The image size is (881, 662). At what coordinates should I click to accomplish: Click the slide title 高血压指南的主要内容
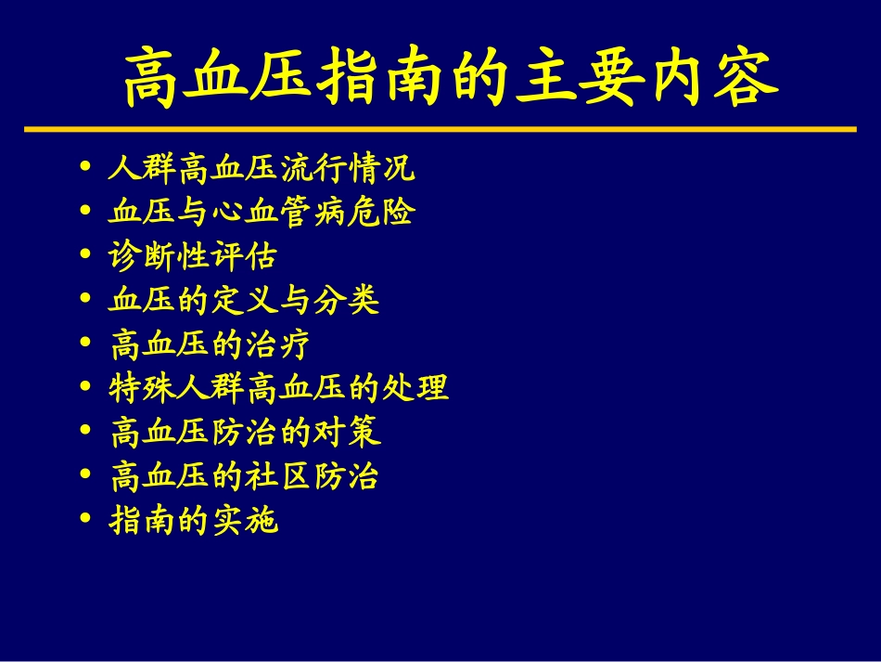(451, 78)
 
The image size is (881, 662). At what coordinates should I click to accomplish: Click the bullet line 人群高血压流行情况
(262, 170)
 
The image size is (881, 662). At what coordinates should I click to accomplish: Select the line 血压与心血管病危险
(262, 213)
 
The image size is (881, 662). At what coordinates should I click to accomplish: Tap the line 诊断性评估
(192, 256)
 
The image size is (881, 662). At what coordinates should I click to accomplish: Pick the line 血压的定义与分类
(244, 300)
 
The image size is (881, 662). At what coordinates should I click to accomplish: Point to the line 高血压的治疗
(210, 344)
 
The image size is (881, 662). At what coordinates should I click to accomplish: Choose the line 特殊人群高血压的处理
(279, 388)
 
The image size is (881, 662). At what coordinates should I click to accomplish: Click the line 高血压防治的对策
(245, 433)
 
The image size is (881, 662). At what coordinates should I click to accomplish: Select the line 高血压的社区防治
(245, 477)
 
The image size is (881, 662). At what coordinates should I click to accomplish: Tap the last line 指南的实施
(193, 521)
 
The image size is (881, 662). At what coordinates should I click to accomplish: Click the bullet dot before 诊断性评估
(86, 256)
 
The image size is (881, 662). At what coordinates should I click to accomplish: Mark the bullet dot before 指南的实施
(86, 521)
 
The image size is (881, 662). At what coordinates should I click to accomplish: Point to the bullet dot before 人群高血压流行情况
(86, 170)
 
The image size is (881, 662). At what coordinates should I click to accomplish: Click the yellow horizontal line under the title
(440, 129)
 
